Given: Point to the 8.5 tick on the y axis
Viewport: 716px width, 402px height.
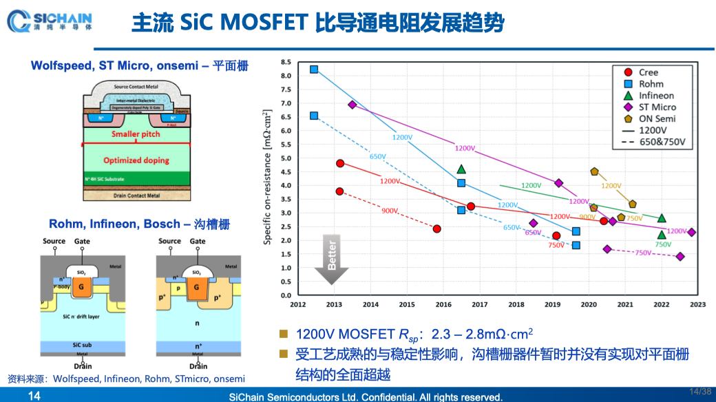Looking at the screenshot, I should pyautogui.click(x=286, y=62).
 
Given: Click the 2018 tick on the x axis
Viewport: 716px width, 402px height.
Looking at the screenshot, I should pyautogui.click(x=516, y=304).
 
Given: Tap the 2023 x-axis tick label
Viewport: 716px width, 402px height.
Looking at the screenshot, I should pyautogui.click(x=697, y=304).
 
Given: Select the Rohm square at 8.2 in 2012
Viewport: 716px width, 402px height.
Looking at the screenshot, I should pyautogui.click(x=314, y=70).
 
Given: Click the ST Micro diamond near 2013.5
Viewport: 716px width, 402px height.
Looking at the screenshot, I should pyautogui.click(x=352, y=105).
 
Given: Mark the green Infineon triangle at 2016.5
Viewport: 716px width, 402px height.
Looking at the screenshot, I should pyautogui.click(x=461, y=169).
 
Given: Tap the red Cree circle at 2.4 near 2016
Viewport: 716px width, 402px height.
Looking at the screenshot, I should pyautogui.click(x=437, y=229).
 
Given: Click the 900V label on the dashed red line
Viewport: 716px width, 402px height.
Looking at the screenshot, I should pyautogui.click(x=390, y=211).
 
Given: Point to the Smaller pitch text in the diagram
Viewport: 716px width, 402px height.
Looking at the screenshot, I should pyautogui.click(x=136, y=134).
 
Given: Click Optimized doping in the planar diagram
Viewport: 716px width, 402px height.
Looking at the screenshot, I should pyautogui.click(x=136, y=160).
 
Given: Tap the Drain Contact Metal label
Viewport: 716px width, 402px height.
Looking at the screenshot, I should pyautogui.click(x=136, y=195).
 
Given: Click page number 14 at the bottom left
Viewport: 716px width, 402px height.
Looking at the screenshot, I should pyautogui.click(x=34, y=396).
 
